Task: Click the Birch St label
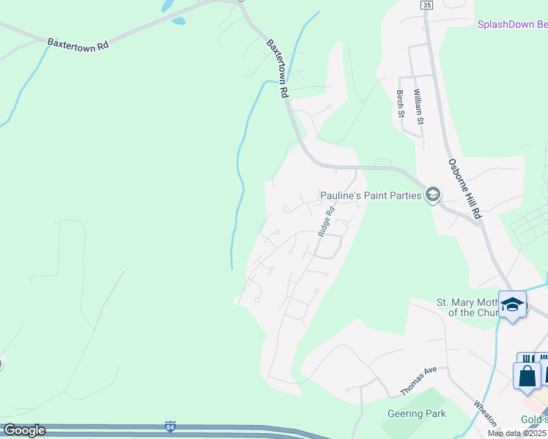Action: (x=400, y=103)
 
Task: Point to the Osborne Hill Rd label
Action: (x=464, y=189)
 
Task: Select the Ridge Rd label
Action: (x=326, y=221)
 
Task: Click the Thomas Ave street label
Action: (x=418, y=380)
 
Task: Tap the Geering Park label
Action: (x=416, y=413)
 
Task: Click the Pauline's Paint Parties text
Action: (x=371, y=195)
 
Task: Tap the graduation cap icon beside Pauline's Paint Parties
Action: (x=432, y=195)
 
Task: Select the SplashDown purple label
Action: (x=512, y=24)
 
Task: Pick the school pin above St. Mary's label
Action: (x=512, y=304)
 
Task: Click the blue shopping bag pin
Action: (x=527, y=376)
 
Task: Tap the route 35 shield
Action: (x=427, y=4)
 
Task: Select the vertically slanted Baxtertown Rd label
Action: (x=276, y=69)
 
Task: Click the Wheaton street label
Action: (x=485, y=414)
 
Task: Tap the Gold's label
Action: (x=533, y=419)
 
